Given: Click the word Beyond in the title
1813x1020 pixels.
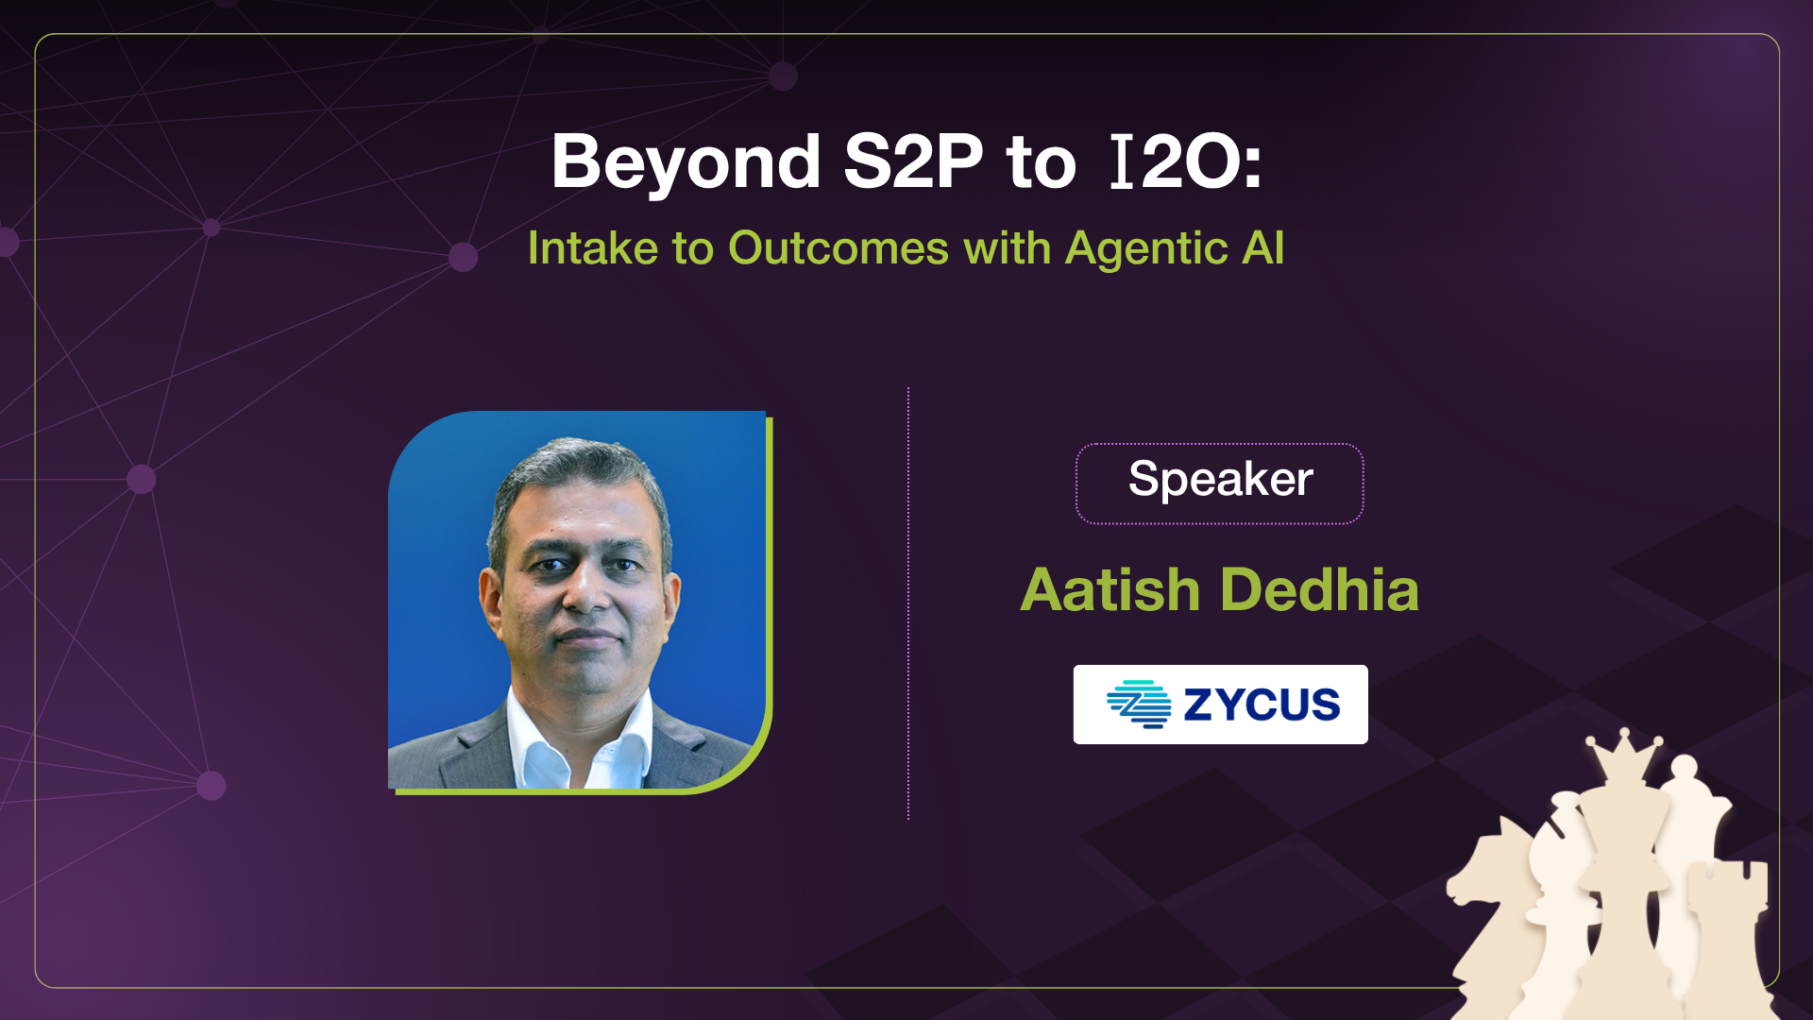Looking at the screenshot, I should pos(686,162).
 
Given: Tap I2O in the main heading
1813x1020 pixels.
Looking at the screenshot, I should pos(1185,162).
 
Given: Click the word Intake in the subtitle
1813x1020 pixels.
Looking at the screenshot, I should pos(592,248).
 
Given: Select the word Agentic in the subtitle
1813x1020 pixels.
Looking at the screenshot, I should pos(1145,248).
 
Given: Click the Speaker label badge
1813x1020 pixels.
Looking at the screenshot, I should pos(1219,481).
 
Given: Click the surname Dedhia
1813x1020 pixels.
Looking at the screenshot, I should pos(1319,590).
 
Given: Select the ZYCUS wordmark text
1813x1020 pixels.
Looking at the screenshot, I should pos(1262,705).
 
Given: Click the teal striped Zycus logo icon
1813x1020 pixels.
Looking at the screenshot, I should pos(1139,705).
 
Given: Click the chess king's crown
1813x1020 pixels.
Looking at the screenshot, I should pos(1623,756).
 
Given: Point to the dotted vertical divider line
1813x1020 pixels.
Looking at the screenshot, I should pos(908,604).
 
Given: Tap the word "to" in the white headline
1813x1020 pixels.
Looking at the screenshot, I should pos(1041,162).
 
